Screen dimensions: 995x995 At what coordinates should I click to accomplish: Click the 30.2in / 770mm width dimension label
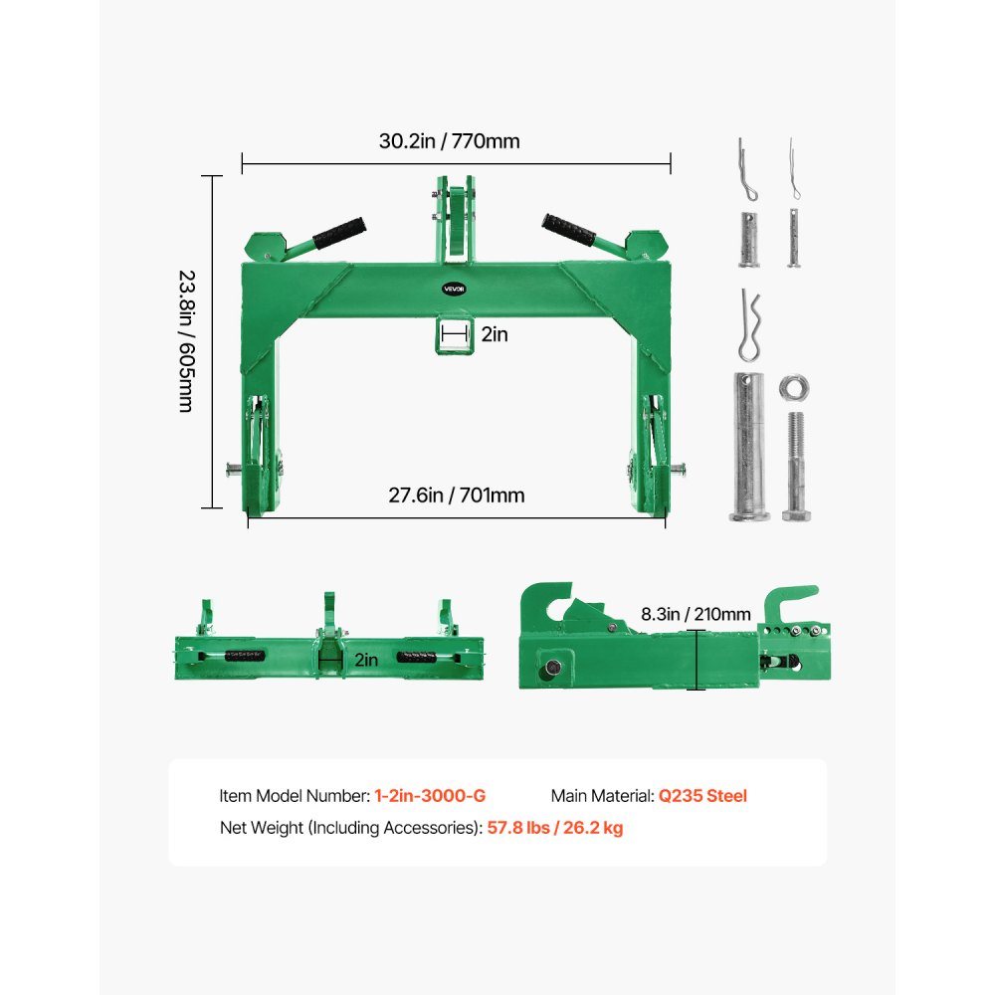pyautogui.click(x=449, y=141)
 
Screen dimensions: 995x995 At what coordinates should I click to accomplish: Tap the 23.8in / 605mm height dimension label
pyautogui.click(x=186, y=341)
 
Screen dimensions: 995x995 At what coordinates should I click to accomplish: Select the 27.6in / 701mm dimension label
pyautogui.click(x=457, y=495)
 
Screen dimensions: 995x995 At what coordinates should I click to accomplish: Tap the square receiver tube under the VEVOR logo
pyautogui.click(x=455, y=335)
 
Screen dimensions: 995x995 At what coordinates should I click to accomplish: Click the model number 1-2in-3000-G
pyautogui.click(x=430, y=796)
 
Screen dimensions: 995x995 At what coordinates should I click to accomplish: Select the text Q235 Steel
pyautogui.click(x=702, y=796)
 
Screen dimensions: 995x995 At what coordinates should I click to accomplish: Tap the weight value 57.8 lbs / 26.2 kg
pyautogui.click(x=555, y=828)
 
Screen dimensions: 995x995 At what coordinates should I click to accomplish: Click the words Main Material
pyautogui.click(x=601, y=796)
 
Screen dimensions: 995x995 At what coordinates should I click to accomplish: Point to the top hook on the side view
pyautogui.click(x=792, y=603)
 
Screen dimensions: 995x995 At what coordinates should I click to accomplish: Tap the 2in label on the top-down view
pyautogui.click(x=365, y=659)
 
